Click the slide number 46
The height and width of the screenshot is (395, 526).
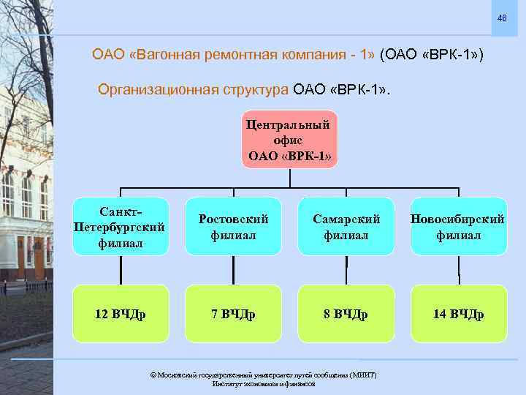click(502, 18)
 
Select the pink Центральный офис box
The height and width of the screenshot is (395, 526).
click(290, 139)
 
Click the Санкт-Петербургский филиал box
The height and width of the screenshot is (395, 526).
click(119, 227)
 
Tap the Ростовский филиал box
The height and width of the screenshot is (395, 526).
click(233, 227)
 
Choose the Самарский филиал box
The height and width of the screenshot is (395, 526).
click(346, 227)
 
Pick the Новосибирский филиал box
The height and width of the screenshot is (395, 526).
click(458, 227)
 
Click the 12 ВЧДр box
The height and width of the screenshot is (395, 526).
click(119, 315)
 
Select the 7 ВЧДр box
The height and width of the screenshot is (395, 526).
click(233, 315)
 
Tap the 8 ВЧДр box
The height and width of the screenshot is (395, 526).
click(346, 315)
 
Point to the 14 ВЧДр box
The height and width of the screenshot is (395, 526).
click(458, 315)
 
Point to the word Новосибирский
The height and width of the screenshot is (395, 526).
click(458, 219)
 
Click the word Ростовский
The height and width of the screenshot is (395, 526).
click(233, 219)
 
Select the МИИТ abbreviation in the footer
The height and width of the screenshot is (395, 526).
click(362, 375)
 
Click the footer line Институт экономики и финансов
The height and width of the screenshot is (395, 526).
click(263, 383)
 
